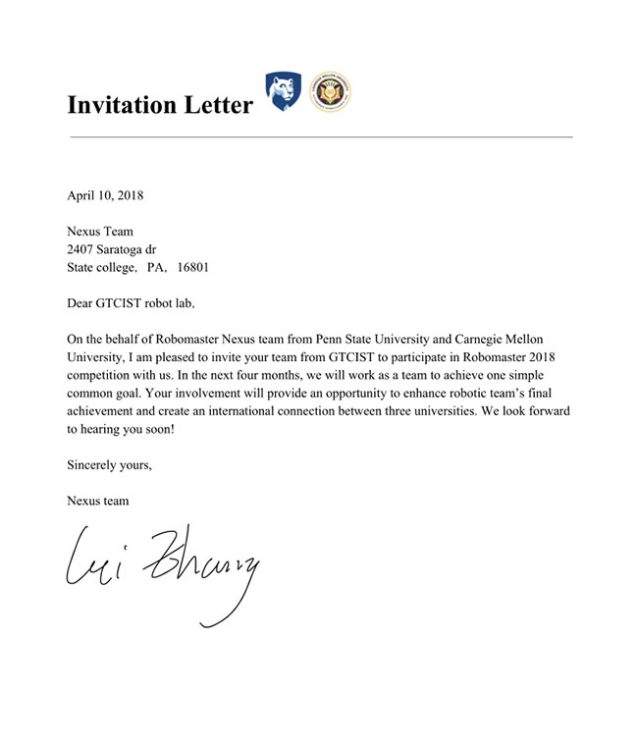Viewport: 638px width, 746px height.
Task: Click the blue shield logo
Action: tap(283, 91)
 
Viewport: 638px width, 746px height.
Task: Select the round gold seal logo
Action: tap(330, 91)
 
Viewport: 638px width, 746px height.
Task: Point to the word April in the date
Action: tap(82, 194)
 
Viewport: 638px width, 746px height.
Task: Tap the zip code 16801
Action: tap(191, 267)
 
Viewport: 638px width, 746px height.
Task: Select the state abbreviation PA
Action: tap(154, 267)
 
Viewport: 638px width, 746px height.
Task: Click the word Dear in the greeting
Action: tap(82, 302)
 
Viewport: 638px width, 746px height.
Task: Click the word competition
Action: tap(99, 375)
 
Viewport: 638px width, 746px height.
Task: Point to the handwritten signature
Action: tap(162, 569)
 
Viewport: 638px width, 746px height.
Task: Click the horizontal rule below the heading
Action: tap(320, 137)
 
